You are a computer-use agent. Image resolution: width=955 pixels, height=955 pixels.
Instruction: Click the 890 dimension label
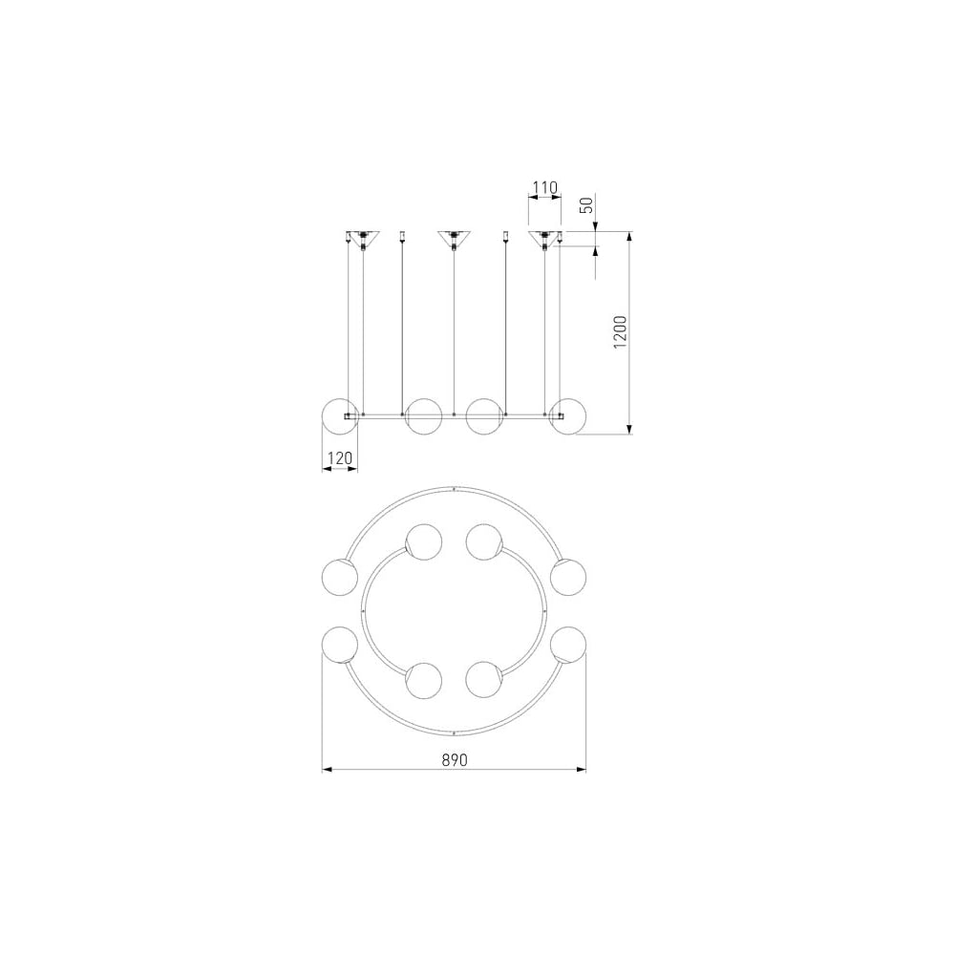[x=455, y=759]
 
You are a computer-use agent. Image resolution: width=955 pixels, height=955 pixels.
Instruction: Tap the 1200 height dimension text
[x=620, y=332]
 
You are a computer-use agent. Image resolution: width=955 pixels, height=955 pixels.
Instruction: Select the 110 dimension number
[x=544, y=187]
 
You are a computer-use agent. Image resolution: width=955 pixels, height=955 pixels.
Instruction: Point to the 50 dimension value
[x=586, y=204]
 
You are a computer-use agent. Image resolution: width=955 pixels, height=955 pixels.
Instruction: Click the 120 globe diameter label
[x=340, y=457]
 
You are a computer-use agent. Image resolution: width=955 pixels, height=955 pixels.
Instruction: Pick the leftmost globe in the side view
[x=340, y=416]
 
